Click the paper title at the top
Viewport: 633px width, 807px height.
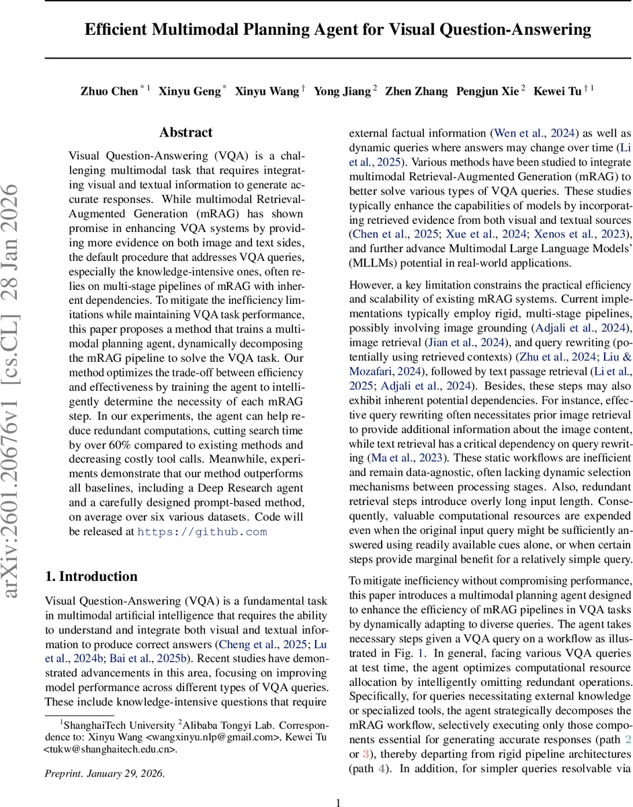click(x=338, y=30)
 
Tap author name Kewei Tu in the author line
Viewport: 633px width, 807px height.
click(x=557, y=91)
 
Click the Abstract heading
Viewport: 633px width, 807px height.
click(x=185, y=132)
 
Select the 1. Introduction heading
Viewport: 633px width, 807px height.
click(x=91, y=576)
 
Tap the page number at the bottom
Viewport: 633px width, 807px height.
click(x=338, y=802)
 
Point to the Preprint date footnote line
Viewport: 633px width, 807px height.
click(x=104, y=773)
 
